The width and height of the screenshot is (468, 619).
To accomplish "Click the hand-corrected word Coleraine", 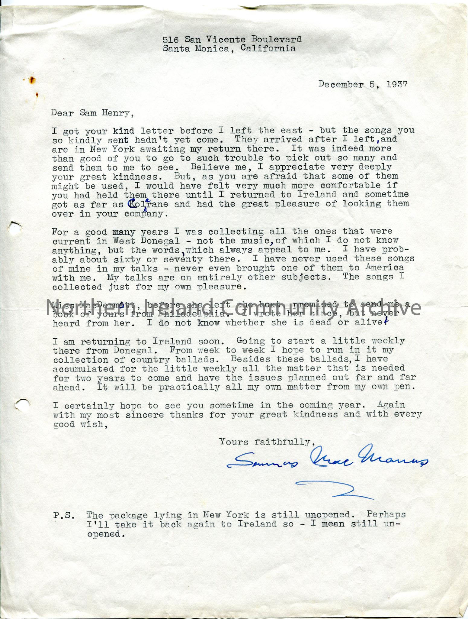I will click(x=148, y=204).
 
